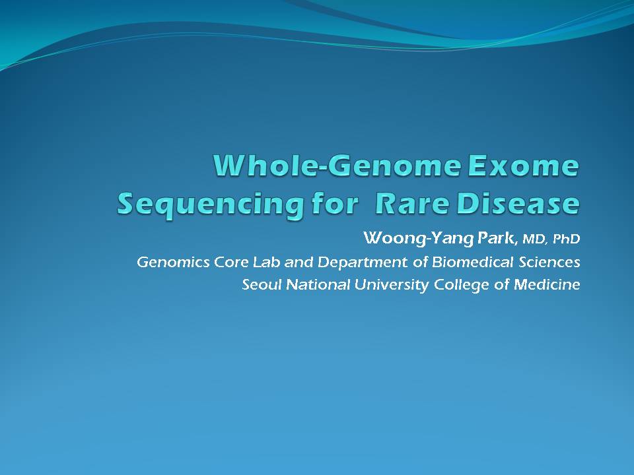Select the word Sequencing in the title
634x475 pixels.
click(x=210, y=205)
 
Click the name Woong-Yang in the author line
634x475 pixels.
click(x=418, y=238)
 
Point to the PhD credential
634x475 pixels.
click(x=566, y=239)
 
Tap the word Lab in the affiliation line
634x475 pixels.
click(x=266, y=262)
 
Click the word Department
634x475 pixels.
click(x=363, y=263)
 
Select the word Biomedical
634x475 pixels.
click(x=473, y=262)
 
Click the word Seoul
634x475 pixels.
click(x=262, y=285)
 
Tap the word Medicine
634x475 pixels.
click(x=547, y=285)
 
